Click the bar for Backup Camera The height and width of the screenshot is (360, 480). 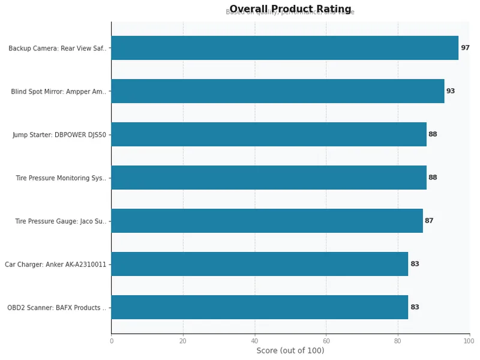284,48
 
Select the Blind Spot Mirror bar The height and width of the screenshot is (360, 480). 277,91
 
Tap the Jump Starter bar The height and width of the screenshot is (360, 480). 268,134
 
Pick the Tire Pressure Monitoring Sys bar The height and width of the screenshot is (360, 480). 268,178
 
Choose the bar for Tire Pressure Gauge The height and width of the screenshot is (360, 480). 266,221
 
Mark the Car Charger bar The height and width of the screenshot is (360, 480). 259,264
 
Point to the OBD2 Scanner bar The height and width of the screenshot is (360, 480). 259,307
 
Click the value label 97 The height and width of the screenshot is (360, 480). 465,48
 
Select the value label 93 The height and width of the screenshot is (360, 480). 451,91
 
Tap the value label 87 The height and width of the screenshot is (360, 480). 429,221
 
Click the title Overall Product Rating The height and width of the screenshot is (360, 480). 290,9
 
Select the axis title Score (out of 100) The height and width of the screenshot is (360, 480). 290,351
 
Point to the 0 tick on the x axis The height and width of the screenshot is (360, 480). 111,341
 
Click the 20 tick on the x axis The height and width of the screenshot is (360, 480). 183,341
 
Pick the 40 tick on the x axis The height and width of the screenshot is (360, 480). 254,341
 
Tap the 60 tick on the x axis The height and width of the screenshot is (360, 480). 326,341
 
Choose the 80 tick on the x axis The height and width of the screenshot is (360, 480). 398,341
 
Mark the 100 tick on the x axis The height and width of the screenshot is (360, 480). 469,341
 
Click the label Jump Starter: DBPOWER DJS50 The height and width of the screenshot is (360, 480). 59,135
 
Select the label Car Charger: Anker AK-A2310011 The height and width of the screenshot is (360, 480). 56,265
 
